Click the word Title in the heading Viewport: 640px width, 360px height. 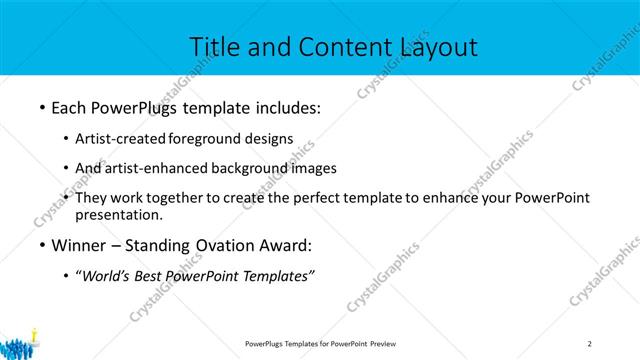(215, 47)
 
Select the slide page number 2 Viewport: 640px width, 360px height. (590, 344)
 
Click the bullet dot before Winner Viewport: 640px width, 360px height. (41, 245)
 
